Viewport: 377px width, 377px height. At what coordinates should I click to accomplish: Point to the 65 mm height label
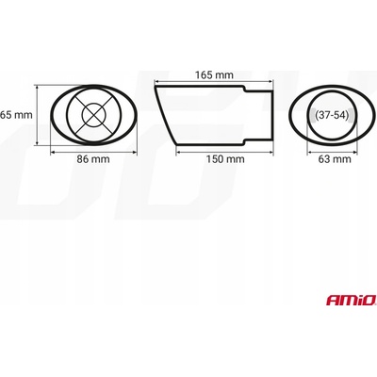[17, 115]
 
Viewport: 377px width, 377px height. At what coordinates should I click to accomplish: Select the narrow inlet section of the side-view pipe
[260, 116]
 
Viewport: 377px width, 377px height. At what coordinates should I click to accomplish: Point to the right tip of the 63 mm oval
[365, 116]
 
